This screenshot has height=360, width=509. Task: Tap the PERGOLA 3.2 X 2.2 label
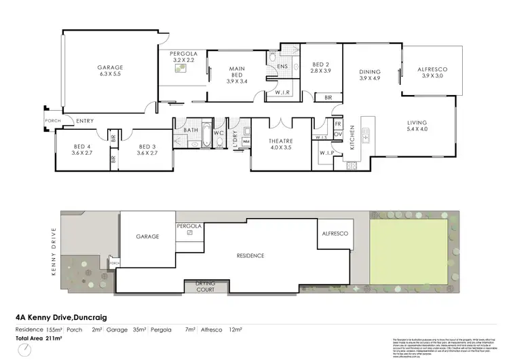click(x=183, y=56)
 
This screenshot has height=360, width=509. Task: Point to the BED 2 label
click(x=320, y=67)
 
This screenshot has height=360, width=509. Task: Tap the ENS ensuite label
click(x=282, y=67)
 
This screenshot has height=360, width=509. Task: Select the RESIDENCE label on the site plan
click(x=250, y=255)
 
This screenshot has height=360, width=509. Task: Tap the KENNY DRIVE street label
click(x=54, y=246)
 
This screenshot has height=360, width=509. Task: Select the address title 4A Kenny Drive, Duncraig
click(x=62, y=317)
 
